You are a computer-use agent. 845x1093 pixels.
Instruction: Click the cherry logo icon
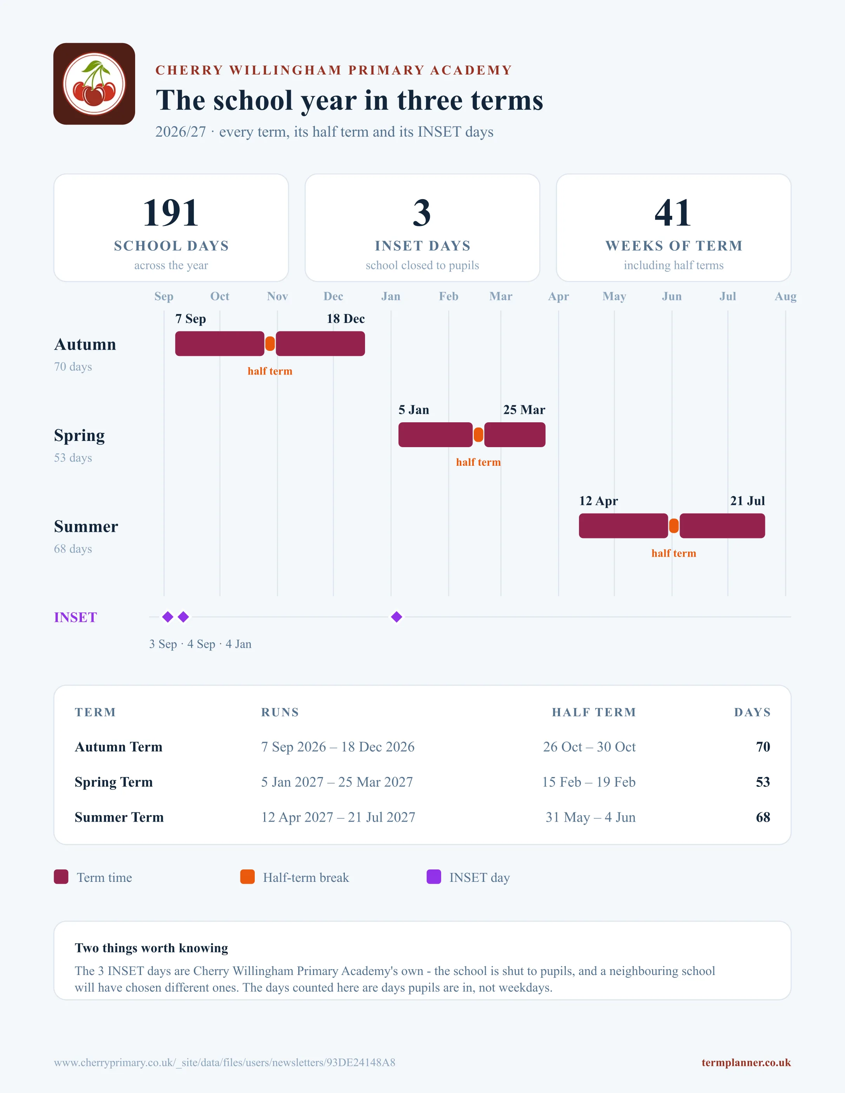[x=94, y=83]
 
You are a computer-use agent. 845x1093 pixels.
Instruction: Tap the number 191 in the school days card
[x=171, y=213]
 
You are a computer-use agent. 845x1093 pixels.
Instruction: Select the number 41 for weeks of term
[x=673, y=213]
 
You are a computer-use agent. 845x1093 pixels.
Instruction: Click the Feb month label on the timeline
[x=449, y=296]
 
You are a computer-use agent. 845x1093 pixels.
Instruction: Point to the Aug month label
[x=786, y=296]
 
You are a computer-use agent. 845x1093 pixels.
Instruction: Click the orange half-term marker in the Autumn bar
[x=270, y=344]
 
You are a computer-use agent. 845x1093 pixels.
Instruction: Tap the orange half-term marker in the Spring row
[x=478, y=435]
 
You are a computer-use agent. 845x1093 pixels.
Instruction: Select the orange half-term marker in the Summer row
[x=674, y=526]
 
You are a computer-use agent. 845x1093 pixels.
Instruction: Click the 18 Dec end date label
[x=345, y=319]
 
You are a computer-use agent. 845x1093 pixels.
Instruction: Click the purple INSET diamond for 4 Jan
[x=396, y=617]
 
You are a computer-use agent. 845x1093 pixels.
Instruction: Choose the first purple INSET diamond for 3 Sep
[x=168, y=617]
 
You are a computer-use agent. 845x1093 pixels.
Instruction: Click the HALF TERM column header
[x=594, y=712]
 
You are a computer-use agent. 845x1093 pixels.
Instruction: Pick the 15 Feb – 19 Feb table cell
[x=589, y=782]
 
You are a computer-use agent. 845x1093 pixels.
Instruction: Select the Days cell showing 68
[x=763, y=817]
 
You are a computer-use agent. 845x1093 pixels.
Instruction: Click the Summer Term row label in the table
[x=119, y=817]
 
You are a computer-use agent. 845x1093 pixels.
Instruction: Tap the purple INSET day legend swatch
[x=433, y=877]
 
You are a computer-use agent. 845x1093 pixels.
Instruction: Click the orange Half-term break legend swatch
[x=247, y=877]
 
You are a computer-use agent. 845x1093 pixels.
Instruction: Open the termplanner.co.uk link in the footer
[x=746, y=1062]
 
